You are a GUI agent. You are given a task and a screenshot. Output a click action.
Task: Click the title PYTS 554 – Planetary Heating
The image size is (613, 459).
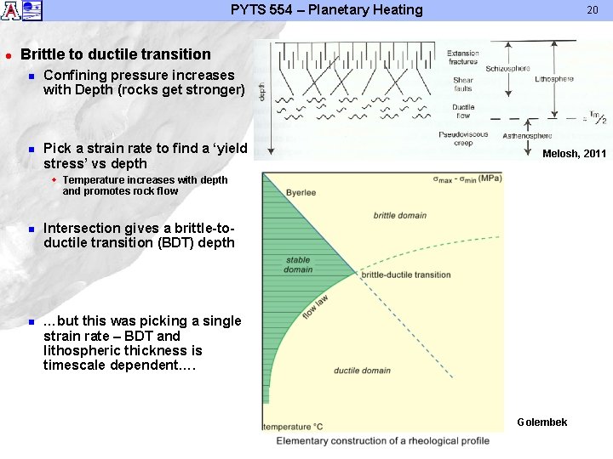(x=326, y=10)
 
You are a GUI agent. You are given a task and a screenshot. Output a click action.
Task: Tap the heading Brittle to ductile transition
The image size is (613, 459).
(x=116, y=54)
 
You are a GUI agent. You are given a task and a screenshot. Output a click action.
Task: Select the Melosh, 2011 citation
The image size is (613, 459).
(x=574, y=153)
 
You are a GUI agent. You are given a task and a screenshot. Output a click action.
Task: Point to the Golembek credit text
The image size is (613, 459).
(x=541, y=422)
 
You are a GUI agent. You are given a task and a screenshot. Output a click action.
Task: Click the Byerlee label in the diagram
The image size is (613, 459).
(x=301, y=193)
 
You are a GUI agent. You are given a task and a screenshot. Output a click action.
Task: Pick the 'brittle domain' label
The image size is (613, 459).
(x=400, y=215)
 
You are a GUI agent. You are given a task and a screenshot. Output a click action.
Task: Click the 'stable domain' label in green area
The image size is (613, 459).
(x=298, y=264)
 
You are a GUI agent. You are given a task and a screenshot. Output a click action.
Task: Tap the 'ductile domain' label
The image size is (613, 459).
(x=362, y=371)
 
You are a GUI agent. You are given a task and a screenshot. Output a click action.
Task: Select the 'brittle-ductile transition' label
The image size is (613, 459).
(x=406, y=275)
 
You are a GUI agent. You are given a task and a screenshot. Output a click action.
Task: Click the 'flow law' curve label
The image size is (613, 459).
(x=315, y=307)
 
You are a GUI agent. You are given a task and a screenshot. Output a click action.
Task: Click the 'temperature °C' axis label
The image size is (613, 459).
(x=293, y=427)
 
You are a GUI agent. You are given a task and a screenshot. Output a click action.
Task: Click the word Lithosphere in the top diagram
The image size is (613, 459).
(x=554, y=79)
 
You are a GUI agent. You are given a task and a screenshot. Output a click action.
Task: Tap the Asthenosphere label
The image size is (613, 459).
(x=527, y=135)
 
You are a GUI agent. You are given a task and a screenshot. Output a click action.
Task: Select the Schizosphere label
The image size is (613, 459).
(x=507, y=68)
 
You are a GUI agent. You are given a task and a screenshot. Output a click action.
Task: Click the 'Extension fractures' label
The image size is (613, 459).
(x=463, y=58)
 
